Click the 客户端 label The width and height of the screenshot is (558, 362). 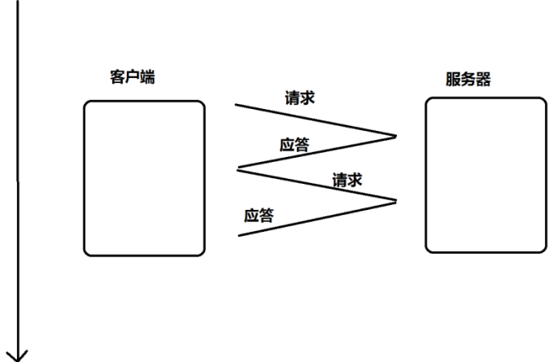(x=133, y=77)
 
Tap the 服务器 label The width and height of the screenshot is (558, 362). (x=468, y=80)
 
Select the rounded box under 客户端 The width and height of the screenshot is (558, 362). (x=144, y=178)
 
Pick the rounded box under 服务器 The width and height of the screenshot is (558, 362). (x=486, y=175)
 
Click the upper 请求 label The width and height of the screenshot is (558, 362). (x=299, y=98)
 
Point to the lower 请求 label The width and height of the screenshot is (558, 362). (x=347, y=180)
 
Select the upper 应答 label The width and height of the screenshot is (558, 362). (x=294, y=145)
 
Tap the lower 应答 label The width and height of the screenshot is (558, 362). (x=259, y=216)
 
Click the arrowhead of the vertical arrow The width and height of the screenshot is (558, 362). (x=17, y=354)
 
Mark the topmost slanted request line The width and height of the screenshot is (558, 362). (x=316, y=120)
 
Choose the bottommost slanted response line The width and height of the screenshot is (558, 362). (x=317, y=218)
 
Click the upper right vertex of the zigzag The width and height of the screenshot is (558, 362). (x=396, y=136)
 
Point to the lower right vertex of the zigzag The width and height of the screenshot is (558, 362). (x=396, y=200)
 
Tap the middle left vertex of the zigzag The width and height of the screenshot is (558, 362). (x=237, y=169)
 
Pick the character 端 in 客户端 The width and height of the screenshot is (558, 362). (x=149, y=77)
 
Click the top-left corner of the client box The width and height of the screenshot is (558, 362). (x=86, y=103)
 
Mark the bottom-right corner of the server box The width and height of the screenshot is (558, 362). (x=544, y=250)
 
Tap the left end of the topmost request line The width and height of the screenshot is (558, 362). (x=236, y=104)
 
